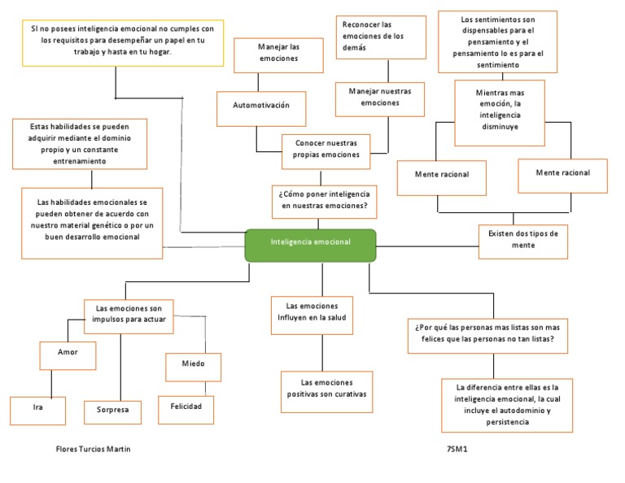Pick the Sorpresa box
click(x=112, y=411)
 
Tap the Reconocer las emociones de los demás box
click(x=381, y=37)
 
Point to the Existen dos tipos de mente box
click(x=522, y=241)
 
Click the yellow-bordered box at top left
click(x=122, y=45)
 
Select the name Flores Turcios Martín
click(x=93, y=450)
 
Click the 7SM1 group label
click(x=458, y=450)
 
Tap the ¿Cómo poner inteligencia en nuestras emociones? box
click(x=323, y=201)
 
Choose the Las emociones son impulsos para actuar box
click(x=129, y=314)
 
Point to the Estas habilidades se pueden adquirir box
click(x=79, y=144)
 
